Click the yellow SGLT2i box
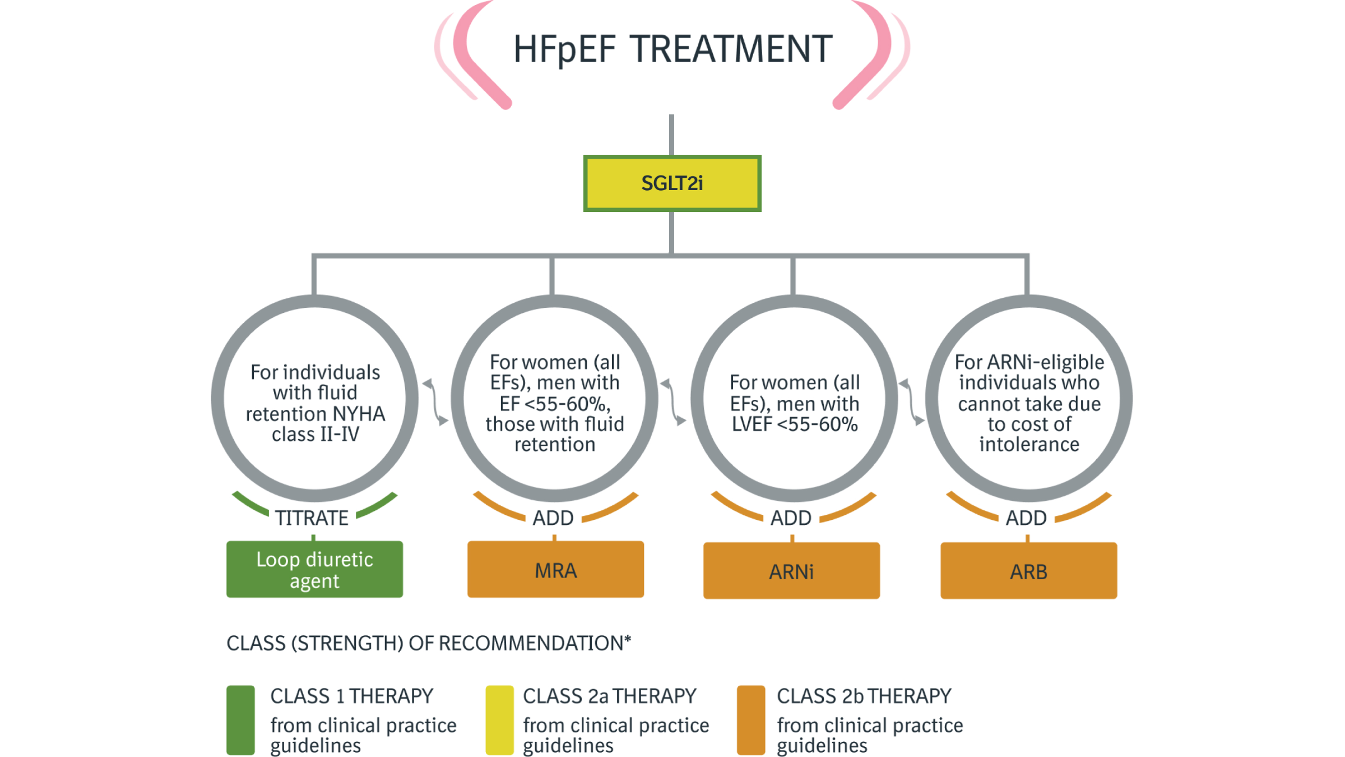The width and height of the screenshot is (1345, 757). click(672, 183)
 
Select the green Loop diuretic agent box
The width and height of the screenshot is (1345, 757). click(314, 569)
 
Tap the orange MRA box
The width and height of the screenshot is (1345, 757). click(555, 570)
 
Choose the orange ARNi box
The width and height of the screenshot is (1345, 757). click(791, 571)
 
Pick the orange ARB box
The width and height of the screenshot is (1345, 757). click(1028, 571)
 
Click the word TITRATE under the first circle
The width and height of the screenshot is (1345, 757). click(312, 518)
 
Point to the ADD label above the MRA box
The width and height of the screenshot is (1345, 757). click(553, 518)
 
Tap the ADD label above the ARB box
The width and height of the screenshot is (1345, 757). click(1026, 518)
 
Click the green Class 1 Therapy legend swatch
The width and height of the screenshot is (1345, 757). click(240, 720)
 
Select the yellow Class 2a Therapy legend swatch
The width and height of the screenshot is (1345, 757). click(499, 720)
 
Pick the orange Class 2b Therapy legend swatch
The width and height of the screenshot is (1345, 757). click(751, 720)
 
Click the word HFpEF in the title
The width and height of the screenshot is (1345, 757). click(564, 49)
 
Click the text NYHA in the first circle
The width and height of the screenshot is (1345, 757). click(359, 414)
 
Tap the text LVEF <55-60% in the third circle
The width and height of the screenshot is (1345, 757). click(794, 424)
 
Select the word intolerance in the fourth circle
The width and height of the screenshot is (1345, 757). click(1029, 445)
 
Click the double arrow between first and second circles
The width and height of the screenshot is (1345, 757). click(435, 402)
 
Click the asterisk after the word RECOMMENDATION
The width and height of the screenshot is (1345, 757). click(628, 639)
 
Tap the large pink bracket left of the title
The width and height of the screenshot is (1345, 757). click(474, 56)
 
